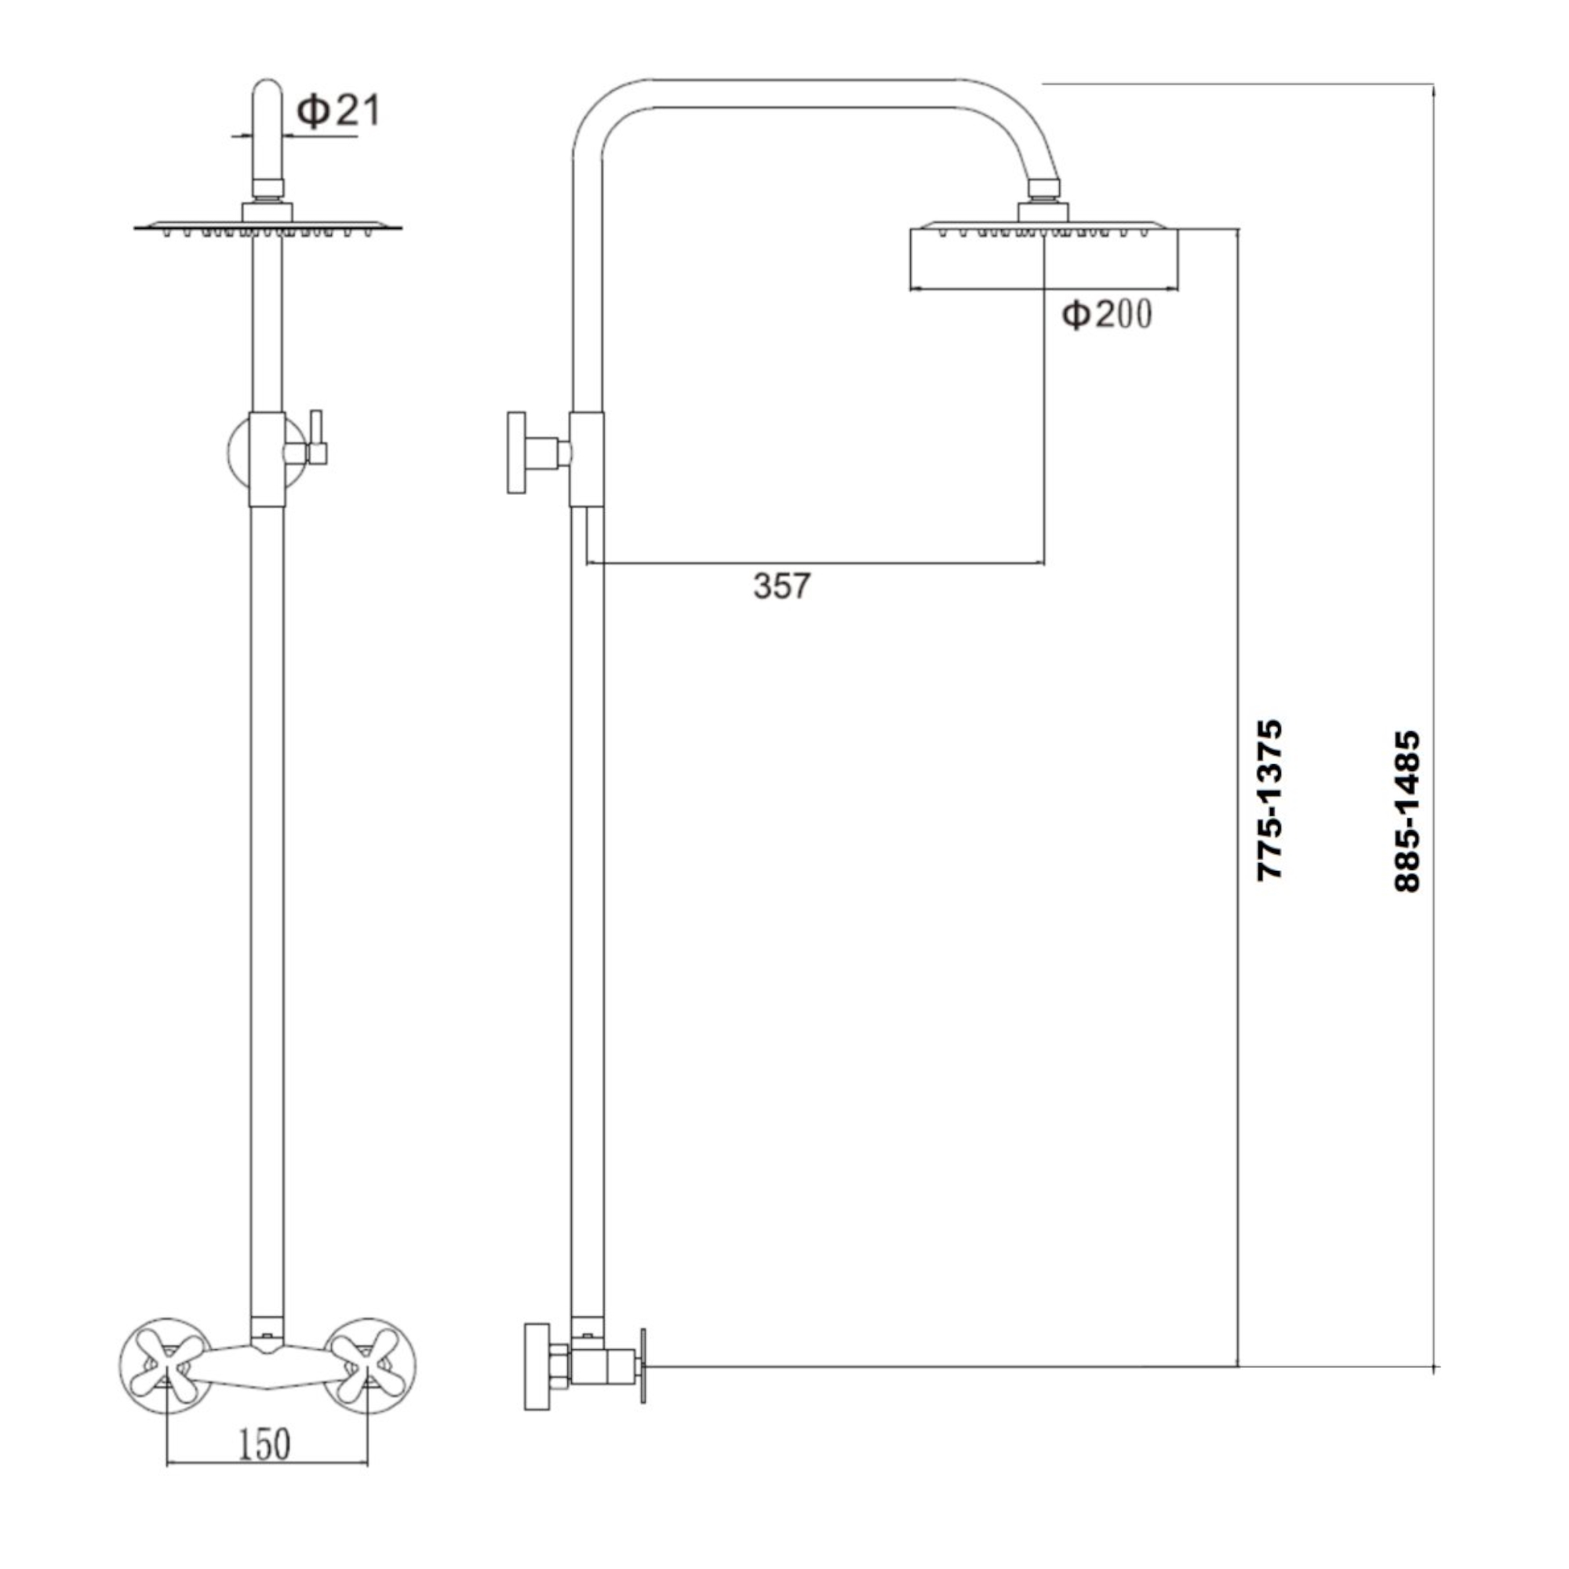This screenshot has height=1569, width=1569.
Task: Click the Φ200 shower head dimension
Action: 1107,315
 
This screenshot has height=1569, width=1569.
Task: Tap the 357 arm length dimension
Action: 781,585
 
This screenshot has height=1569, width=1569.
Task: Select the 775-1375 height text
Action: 1269,800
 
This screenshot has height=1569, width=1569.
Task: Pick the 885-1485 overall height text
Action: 1407,812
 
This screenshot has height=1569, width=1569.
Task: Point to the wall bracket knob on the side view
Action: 516,453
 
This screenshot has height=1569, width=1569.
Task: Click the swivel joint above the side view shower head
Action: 1043,188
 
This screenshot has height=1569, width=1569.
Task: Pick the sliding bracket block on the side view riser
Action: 586,460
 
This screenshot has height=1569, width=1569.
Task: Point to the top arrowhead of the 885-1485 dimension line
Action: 1433,90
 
